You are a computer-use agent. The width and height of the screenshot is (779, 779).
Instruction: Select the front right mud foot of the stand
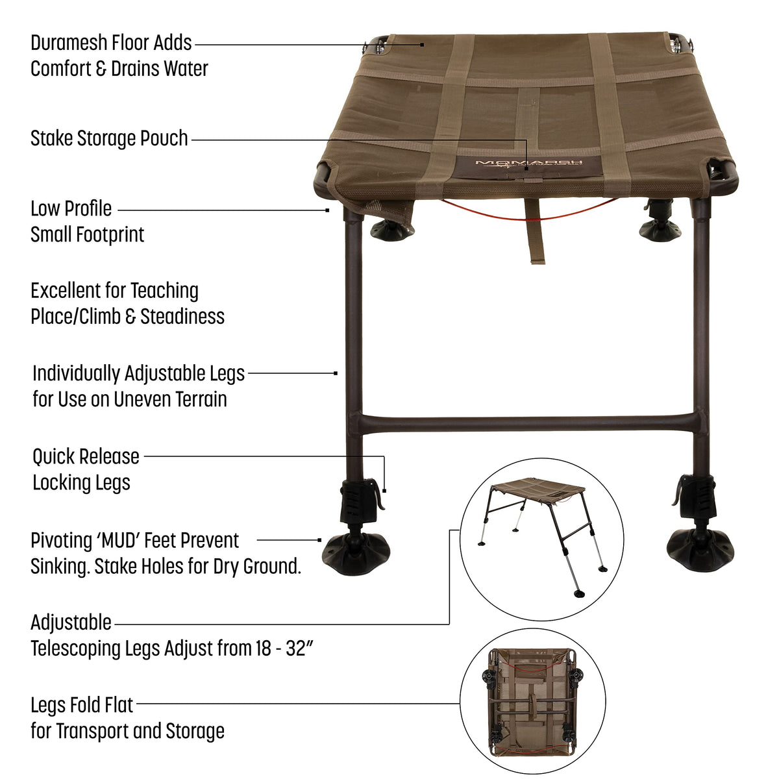[x=700, y=550]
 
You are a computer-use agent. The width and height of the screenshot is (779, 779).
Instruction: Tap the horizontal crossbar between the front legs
[x=528, y=425]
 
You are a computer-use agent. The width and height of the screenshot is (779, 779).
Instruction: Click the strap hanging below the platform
[x=536, y=231]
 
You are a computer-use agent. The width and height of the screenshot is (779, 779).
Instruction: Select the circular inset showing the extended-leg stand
[x=541, y=539]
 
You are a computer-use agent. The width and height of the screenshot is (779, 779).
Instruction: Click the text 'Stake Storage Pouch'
[x=109, y=139]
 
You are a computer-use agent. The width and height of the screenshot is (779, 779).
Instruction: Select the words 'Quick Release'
[x=86, y=458]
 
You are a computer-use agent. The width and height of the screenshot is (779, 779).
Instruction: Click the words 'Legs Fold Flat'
[x=82, y=706]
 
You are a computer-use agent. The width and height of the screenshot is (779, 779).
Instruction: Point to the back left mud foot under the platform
[x=391, y=231]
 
